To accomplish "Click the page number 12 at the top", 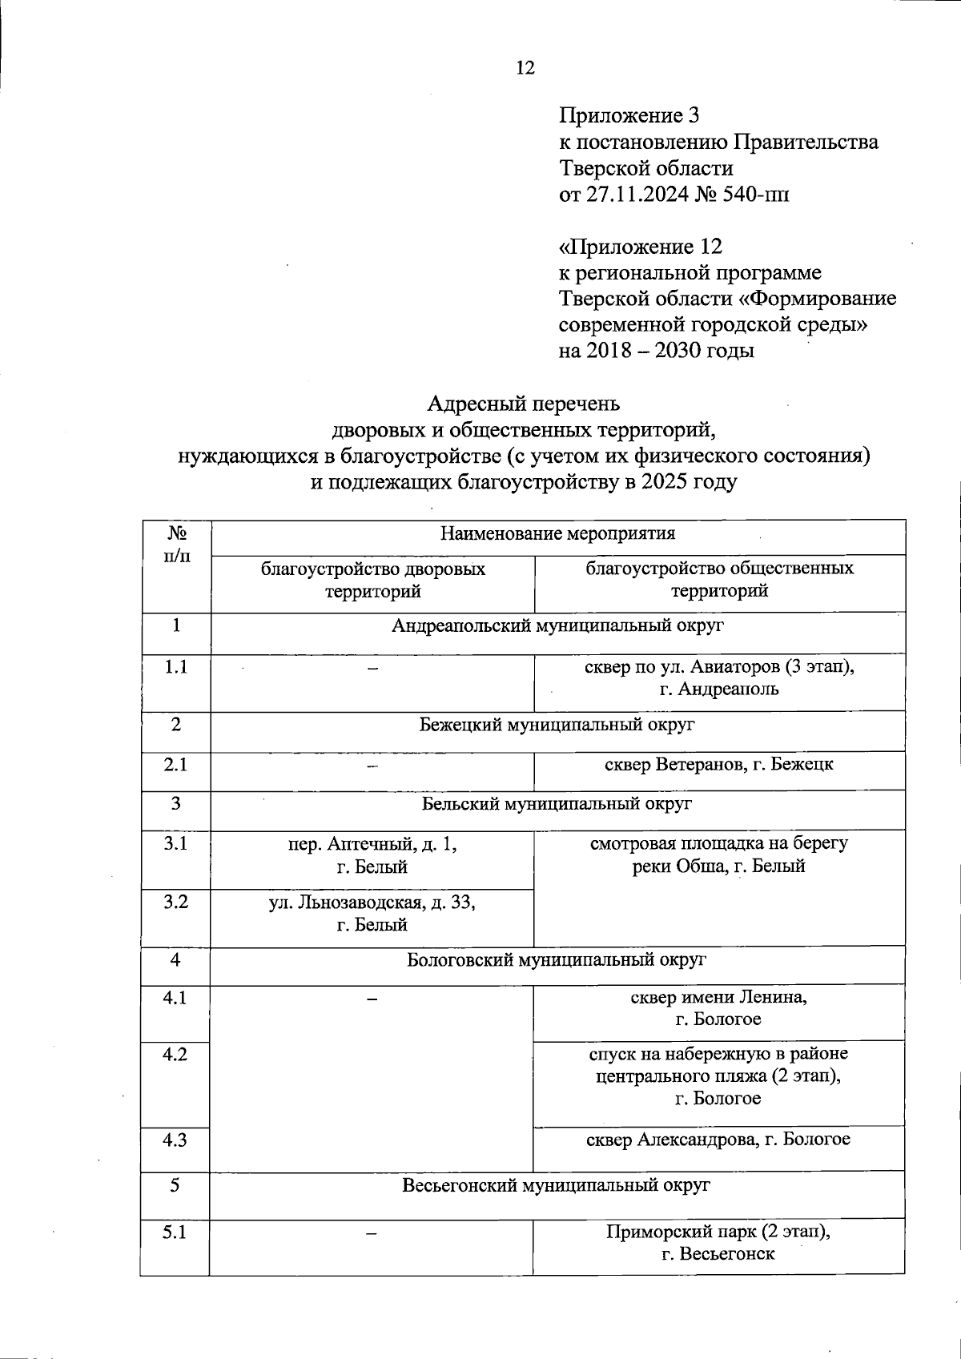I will click(525, 68).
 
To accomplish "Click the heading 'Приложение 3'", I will click(629, 116).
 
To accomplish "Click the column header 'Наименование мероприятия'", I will click(557, 533).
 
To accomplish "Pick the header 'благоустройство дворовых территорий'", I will click(372, 580).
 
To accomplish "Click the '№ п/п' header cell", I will click(176, 545).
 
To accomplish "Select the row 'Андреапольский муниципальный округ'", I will click(557, 626).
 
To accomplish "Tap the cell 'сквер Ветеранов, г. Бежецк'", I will click(718, 765).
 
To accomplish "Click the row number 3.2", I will click(175, 903).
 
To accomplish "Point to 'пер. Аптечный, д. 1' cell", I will click(372, 855).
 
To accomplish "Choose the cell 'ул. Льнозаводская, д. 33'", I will click(372, 914).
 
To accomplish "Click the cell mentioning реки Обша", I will click(718, 855).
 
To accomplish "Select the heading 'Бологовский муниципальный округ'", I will click(557, 959).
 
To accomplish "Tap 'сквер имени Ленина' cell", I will click(718, 1008).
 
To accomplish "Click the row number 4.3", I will click(175, 1140).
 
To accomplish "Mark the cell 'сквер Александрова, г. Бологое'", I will click(718, 1140).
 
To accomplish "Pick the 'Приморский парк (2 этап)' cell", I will click(718, 1243).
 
